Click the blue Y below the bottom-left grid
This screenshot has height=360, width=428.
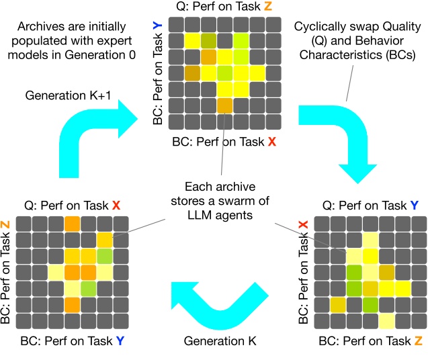click(x=120, y=341)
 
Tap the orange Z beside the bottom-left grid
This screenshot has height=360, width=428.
click(x=6, y=224)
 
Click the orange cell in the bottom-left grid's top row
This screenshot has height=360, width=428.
click(x=73, y=224)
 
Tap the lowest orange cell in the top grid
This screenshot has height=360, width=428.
click(x=224, y=105)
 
